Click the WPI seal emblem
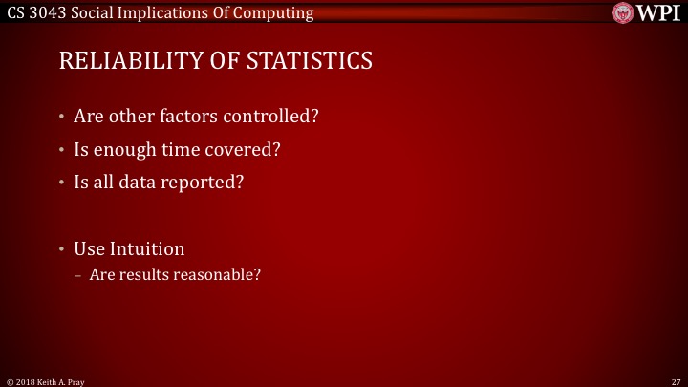pos(624,13)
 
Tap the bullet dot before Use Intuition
pos(62,248)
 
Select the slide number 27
pos(676,379)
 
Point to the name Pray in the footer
pos(75,379)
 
